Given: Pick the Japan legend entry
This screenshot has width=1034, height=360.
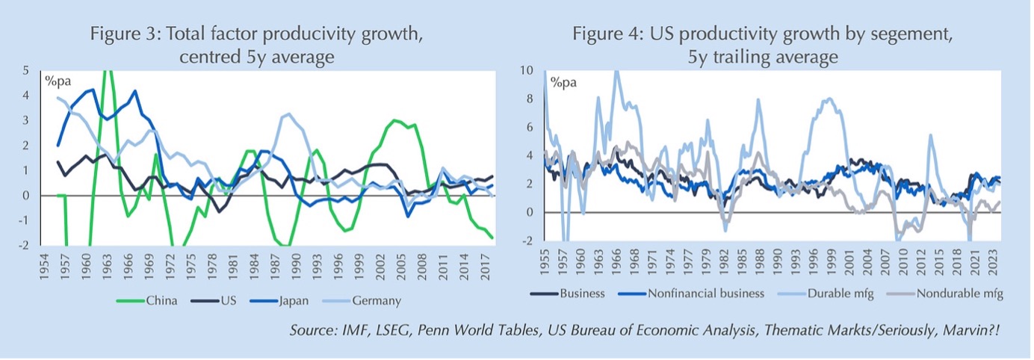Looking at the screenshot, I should (300, 301).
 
